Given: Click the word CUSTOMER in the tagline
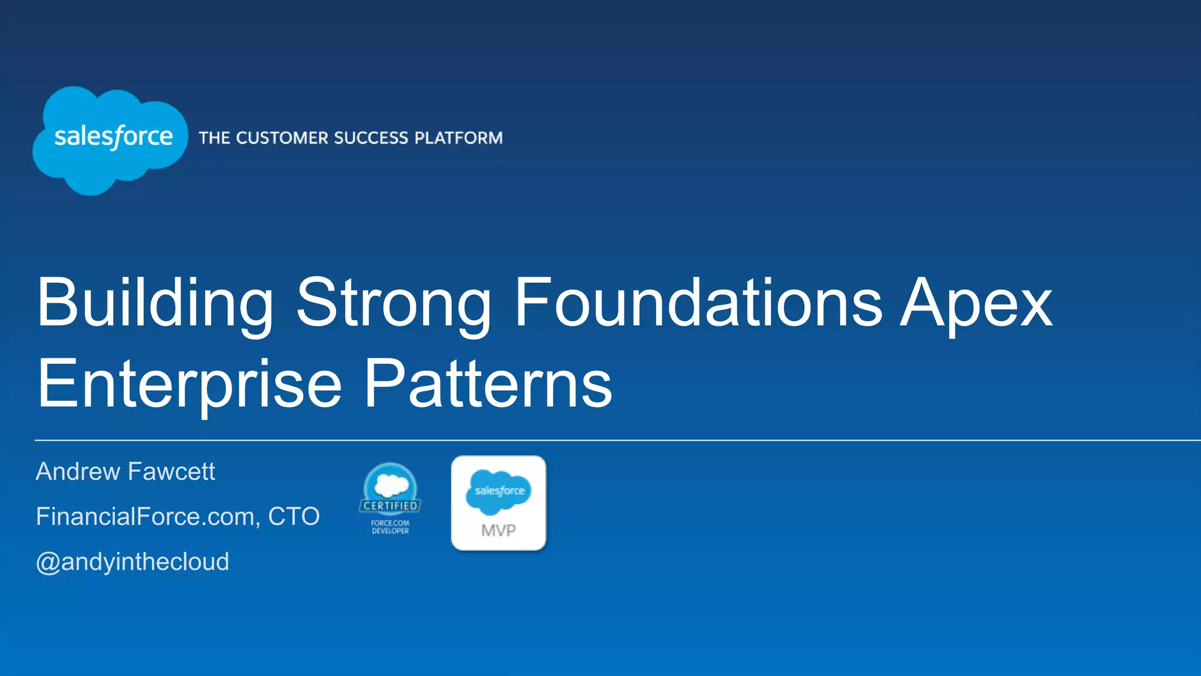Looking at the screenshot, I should pos(281,138).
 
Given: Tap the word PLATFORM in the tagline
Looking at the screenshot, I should pos(458,138).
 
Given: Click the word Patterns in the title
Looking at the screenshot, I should pos(488,384).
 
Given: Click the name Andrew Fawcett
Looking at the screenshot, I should pos(125,471).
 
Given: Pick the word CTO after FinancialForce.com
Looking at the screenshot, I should pos(294,516).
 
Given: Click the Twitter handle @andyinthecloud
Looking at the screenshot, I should pos(133,562).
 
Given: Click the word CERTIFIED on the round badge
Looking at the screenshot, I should pos(390,506).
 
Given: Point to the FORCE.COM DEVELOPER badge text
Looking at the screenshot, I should pos(390,526).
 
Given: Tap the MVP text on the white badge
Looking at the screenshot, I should pos(498,530).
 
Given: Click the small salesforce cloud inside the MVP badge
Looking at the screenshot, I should pos(498,491).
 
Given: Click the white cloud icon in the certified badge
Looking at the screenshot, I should pos(391,485).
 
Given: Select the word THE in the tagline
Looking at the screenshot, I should pos(214,138).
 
